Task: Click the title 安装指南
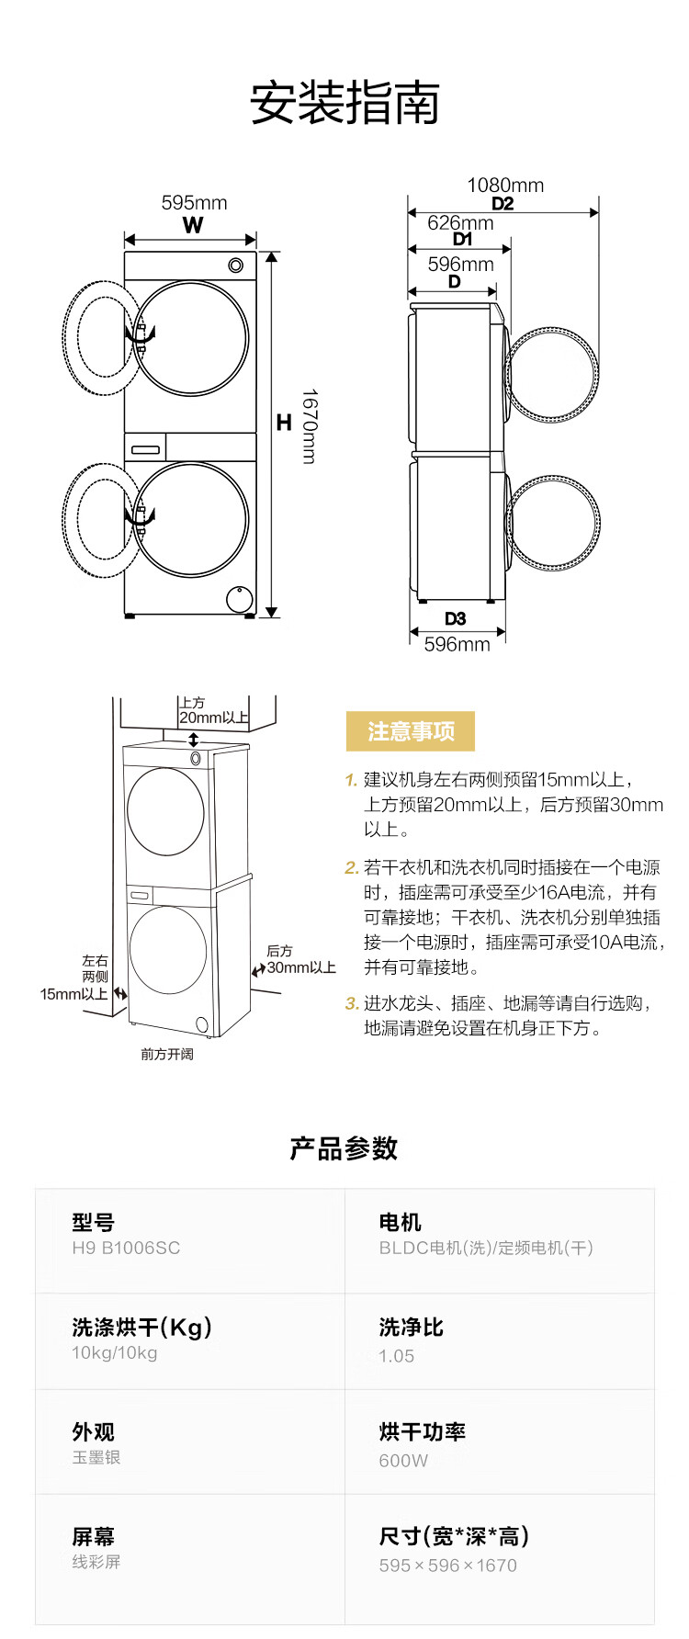344,103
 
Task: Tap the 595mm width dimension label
194,203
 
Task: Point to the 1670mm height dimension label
310,426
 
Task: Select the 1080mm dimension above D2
505,186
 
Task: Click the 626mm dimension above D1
460,223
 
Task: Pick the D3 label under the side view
455,618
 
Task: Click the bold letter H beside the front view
284,423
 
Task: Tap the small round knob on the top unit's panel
236,266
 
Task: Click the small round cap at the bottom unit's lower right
240,599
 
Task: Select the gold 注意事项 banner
411,731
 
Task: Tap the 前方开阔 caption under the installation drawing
167,1054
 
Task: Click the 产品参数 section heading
344,1148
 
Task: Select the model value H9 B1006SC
126,1248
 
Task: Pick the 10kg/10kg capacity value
115,1352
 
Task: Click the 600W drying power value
403,1461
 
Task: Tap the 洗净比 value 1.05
397,1356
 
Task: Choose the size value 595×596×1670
448,1566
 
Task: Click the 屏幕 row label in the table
94,1537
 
